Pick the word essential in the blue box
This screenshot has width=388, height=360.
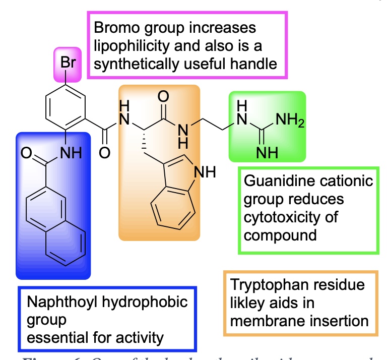(x=49, y=337)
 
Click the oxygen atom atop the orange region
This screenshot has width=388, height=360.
(x=163, y=96)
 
